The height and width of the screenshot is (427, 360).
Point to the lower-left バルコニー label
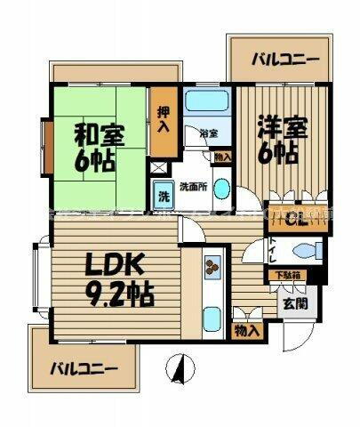point(83,367)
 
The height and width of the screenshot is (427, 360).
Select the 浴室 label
point(209,133)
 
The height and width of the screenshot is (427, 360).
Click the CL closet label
point(297,216)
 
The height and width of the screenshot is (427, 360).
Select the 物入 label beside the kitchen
point(247,331)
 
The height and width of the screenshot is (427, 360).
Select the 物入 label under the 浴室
point(222,157)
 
